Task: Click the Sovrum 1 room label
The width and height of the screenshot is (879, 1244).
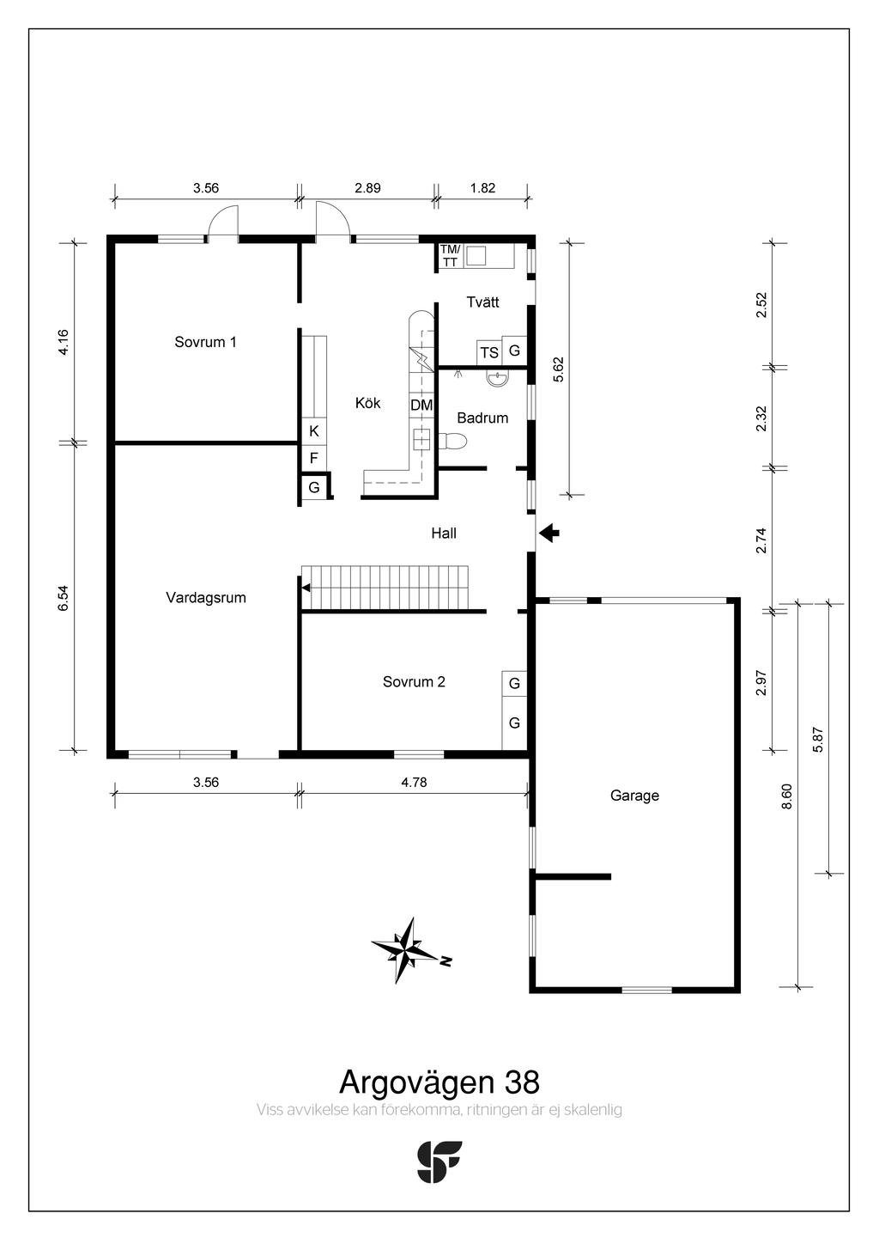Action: click(x=205, y=342)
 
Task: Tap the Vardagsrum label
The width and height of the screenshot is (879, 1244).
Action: click(x=206, y=598)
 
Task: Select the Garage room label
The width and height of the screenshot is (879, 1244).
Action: click(x=634, y=796)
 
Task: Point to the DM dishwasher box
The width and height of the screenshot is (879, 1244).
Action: click(x=421, y=405)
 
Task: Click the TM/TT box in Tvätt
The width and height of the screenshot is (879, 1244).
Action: click(x=450, y=256)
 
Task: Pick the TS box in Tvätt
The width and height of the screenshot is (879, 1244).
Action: click(x=489, y=352)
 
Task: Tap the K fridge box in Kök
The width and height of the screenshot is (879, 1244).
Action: click(x=314, y=431)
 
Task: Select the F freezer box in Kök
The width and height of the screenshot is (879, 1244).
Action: click(x=314, y=458)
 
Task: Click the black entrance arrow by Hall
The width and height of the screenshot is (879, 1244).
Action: click(x=549, y=534)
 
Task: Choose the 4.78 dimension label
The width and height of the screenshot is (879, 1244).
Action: click(x=414, y=782)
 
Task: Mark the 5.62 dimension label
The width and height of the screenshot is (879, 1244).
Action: click(x=558, y=369)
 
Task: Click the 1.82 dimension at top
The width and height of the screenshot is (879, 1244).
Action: click(x=482, y=188)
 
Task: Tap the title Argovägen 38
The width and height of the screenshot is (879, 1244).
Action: click(x=439, y=1081)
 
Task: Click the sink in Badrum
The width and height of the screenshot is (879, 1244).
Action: click(x=497, y=376)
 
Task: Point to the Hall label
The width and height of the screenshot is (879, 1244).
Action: click(x=444, y=534)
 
